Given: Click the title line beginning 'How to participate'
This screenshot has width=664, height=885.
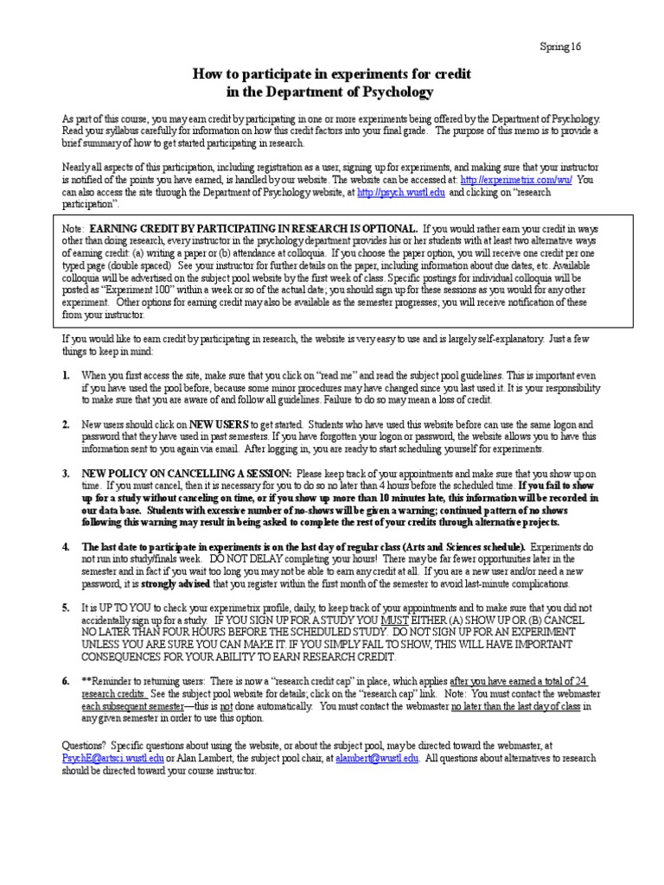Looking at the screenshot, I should (x=331, y=74).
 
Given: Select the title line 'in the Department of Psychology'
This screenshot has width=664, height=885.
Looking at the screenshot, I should (x=331, y=91).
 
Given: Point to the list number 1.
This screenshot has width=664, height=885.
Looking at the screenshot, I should (x=67, y=376).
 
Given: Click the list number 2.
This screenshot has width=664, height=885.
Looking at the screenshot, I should (x=67, y=425).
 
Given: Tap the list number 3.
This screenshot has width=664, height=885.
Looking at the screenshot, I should (x=67, y=474).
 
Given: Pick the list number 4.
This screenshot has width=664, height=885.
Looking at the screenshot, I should (x=67, y=548).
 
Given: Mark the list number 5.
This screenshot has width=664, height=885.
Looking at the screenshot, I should (x=67, y=608).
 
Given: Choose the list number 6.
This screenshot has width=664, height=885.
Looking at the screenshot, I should (x=67, y=682).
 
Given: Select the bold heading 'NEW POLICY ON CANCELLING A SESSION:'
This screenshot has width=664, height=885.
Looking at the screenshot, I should (x=187, y=474).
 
